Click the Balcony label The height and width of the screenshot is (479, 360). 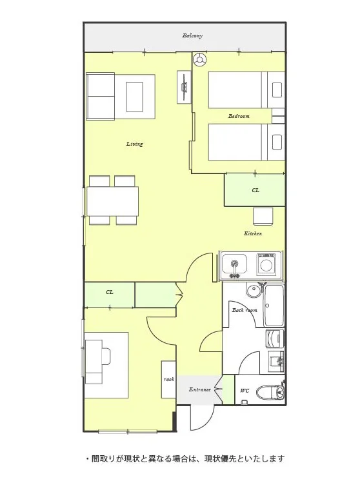(x=192, y=35)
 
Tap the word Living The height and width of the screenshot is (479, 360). (x=135, y=144)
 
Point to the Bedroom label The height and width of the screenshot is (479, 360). (x=239, y=116)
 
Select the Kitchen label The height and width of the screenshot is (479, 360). (x=253, y=233)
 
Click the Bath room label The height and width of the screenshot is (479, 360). (x=245, y=310)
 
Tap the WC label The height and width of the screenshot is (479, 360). (x=245, y=391)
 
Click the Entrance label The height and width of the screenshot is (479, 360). (x=199, y=389)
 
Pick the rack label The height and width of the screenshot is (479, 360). (x=168, y=379)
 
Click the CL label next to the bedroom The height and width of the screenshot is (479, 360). (x=255, y=190)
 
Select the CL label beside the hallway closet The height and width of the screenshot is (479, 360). (x=110, y=292)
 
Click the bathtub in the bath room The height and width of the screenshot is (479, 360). (x=274, y=306)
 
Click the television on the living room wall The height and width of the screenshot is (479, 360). (x=185, y=87)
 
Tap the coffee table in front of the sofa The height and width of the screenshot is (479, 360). (x=134, y=97)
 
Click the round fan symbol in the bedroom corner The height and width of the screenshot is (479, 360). (x=200, y=59)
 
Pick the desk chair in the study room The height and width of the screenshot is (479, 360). (x=105, y=356)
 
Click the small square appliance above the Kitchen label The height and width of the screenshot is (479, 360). (x=263, y=216)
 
